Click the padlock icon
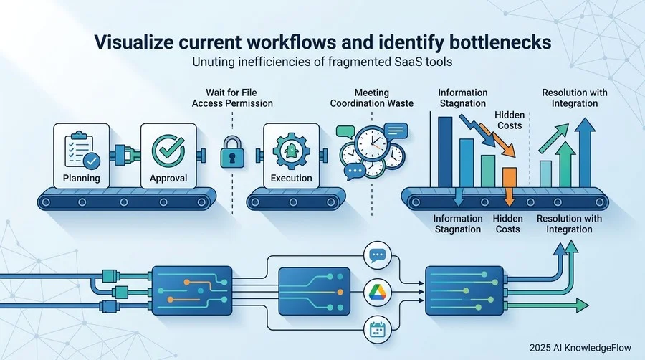[232, 153]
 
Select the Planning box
[82, 156]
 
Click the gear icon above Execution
[291, 151]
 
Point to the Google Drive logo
[378, 293]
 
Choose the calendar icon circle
[378, 330]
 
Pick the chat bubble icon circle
[378, 255]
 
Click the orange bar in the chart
[510, 177]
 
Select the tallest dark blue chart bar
[445, 152]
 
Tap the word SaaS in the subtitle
[407, 62]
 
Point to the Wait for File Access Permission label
[232, 98]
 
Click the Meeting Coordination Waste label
[371, 98]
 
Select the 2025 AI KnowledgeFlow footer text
[580, 348]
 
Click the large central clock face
[372, 143]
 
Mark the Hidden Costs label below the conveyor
[507, 224]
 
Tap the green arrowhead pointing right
[582, 305]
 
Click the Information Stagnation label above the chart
[463, 98]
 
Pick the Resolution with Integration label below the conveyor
[569, 224]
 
